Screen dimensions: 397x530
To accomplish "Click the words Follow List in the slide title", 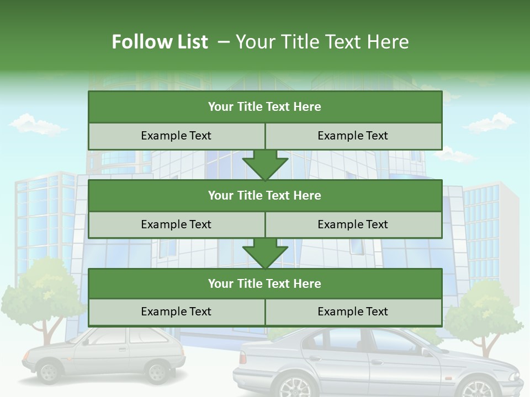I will pyautogui.click(x=160, y=42).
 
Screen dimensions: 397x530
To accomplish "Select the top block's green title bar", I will pyautogui.click(x=264, y=107).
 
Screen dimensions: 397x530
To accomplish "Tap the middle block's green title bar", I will pyautogui.click(x=264, y=196).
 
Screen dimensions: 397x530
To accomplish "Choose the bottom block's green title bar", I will pyautogui.click(x=264, y=284).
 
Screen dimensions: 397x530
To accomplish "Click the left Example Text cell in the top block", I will pyautogui.click(x=176, y=136).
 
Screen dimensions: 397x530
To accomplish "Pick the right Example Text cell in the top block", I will pyautogui.click(x=353, y=136).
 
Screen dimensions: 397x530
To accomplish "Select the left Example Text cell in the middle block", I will pyautogui.click(x=176, y=224).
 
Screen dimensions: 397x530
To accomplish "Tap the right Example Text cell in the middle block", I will pyautogui.click(x=353, y=224).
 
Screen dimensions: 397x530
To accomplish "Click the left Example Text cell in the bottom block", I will pyautogui.click(x=176, y=312).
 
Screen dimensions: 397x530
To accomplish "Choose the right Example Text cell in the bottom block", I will pyautogui.click(x=353, y=312).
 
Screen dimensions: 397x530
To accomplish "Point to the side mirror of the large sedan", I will pyautogui.click(x=427, y=351).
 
